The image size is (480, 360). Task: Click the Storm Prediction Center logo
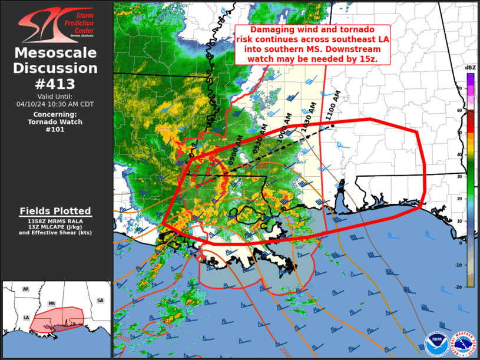point(55,25)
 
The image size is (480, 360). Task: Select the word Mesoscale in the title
point(56,54)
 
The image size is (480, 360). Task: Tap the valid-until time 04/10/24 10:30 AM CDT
point(55,104)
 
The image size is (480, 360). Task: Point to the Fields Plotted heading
point(55,211)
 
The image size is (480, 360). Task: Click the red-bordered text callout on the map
point(312,45)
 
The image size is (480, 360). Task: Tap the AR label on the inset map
point(25,290)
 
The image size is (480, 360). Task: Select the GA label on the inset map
point(100,300)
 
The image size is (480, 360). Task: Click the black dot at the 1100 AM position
point(332,125)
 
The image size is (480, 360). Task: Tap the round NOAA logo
point(436,343)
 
